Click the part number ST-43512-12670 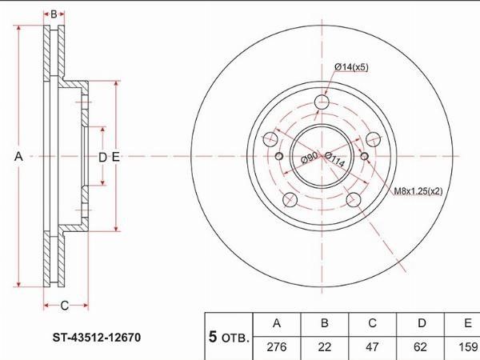pyautogui.click(x=97, y=338)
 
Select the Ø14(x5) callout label pyautogui.click(x=351, y=67)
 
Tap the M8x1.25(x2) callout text pyautogui.click(x=418, y=191)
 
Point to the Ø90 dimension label pyautogui.click(x=309, y=158)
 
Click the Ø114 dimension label pyautogui.click(x=334, y=159)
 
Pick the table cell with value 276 pyautogui.click(x=277, y=347)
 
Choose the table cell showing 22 pyautogui.click(x=325, y=347)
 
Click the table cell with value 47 pyautogui.click(x=372, y=347)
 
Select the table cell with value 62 pyautogui.click(x=420, y=347)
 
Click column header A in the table pyautogui.click(x=277, y=323)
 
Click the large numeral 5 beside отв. pyautogui.click(x=213, y=337)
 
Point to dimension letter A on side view pyautogui.click(x=18, y=157)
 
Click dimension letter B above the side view pyautogui.click(x=54, y=14)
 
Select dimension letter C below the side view pyautogui.click(x=64, y=306)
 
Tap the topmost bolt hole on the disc pyautogui.click(x=322, y=102)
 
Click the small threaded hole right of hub pyautogui.click(x=364, y=156)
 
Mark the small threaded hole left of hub pyautogui.click(x=279, y=156)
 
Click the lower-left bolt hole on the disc pyautogui.click(x=290, y=200)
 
